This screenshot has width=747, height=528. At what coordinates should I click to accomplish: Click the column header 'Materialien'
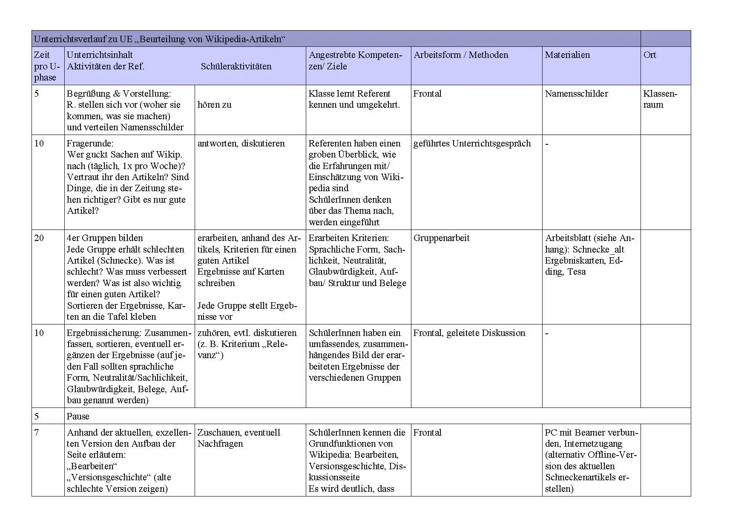click(567, 55)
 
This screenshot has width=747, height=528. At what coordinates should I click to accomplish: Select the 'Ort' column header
click(649, 55)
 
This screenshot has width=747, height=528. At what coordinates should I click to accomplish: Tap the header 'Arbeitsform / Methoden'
click(461, 55)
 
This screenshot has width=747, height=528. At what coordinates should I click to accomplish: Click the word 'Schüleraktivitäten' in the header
click(236, 66)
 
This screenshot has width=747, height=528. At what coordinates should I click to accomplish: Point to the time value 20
click(39, 238)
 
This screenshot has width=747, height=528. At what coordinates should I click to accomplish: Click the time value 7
click(37, 433)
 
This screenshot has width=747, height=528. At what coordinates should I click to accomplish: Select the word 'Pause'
click(78, 416)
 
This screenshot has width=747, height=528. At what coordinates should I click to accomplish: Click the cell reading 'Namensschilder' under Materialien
click(576, 94)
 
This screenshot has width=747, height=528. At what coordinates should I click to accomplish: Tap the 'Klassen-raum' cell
click(659, 99)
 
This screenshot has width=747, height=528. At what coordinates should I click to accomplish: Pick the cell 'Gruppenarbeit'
click(441, 238)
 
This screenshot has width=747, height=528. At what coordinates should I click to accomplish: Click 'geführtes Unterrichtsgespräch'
click(472, 143)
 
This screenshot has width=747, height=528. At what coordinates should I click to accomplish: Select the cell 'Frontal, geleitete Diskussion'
click(469, 333)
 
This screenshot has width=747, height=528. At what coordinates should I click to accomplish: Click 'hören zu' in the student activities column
click(214, 105)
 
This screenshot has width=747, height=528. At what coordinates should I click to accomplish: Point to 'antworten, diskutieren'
click(241, 143)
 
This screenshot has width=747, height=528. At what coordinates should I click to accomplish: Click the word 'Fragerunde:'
click(90, 143)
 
